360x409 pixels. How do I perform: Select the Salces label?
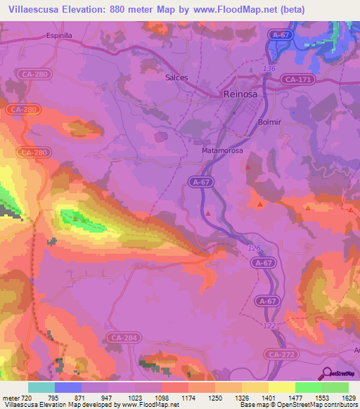176,78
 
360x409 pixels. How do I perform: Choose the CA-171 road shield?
299,81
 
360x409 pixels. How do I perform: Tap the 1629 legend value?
349,398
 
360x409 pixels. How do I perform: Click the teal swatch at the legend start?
41,387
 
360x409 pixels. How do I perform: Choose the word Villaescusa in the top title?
32,9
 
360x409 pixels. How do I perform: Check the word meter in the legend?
11,398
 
